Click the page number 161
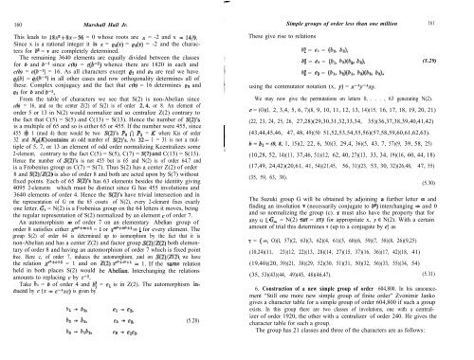[x=455, y=10]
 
